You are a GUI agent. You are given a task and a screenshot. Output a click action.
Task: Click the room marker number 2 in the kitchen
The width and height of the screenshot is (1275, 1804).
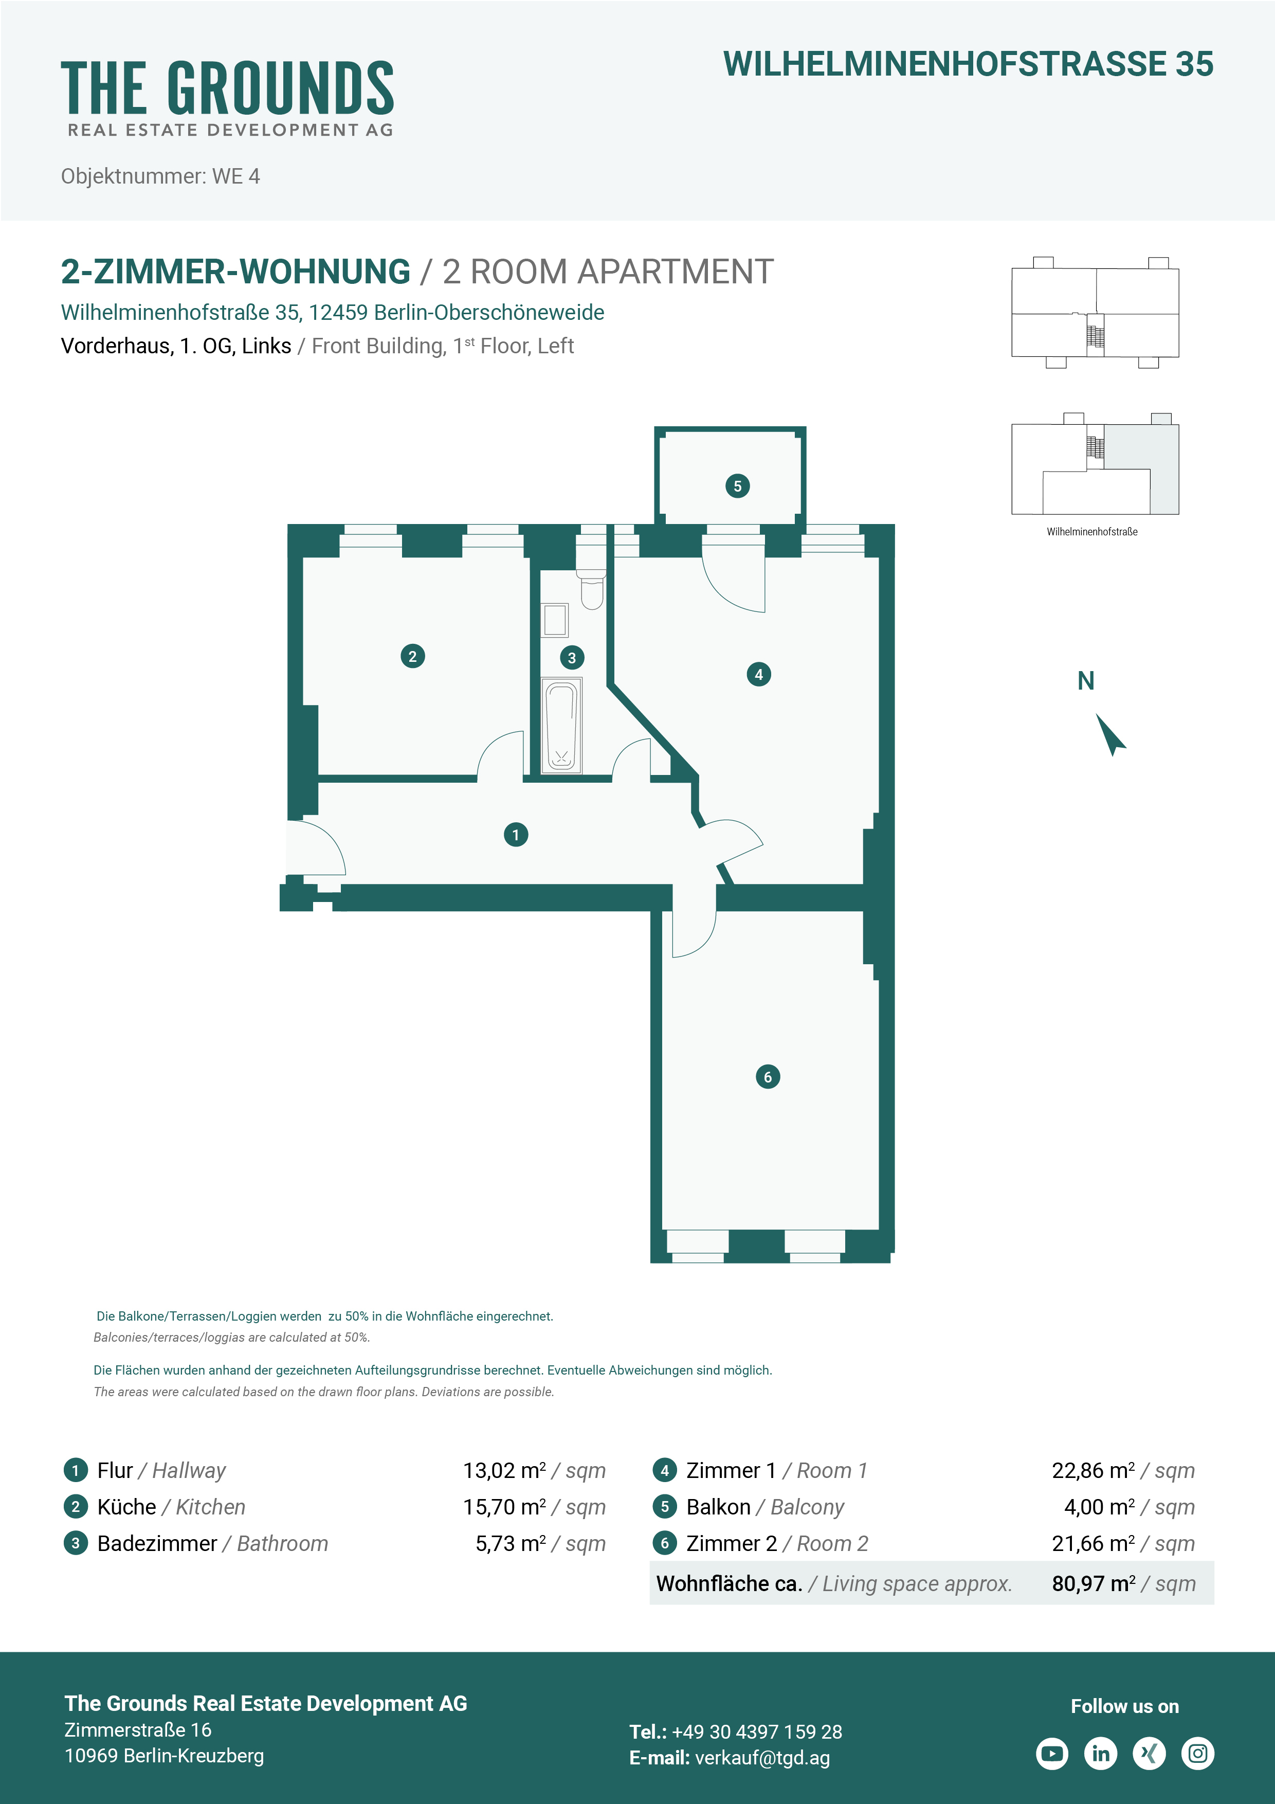tap(412, 656)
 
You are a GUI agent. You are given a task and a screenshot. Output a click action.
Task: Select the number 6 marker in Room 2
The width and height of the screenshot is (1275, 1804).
tap(768, 1076)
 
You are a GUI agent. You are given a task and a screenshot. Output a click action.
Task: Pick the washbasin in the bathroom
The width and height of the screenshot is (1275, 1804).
tap(555, 620)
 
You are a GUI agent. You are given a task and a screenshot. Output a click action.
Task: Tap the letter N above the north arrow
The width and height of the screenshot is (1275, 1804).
tap(1086, 680)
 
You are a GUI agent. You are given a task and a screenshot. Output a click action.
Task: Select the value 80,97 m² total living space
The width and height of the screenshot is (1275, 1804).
tap(1094, 1583)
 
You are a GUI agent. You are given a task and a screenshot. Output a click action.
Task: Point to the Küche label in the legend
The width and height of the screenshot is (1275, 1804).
tap(126, 1507)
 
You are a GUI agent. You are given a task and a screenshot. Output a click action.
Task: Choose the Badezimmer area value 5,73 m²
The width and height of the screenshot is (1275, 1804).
tap(511, 1543)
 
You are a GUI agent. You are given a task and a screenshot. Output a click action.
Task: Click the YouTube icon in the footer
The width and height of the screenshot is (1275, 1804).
tap(1052, 1753)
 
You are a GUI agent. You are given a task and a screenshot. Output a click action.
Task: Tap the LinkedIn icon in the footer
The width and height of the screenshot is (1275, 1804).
tap(1101, 1753)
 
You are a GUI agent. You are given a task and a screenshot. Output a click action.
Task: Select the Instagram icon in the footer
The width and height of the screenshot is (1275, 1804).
tap(1198, 1753)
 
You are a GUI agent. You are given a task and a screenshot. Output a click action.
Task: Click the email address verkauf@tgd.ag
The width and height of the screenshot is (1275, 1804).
tap(762, 1758)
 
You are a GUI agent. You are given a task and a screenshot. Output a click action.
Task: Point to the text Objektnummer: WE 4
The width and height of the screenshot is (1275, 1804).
tap(160, 176)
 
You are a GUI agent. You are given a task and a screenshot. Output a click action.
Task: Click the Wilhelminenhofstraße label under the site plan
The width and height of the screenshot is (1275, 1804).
tap(1092, 532)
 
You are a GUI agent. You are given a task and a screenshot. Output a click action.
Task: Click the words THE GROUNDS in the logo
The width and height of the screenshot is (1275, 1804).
tap(228, 87)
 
